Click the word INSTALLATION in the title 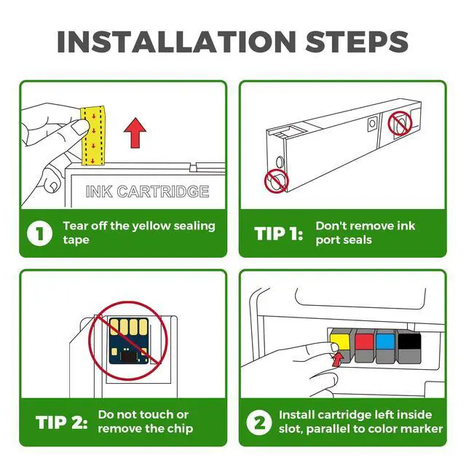click(x=176, y=42)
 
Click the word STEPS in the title click(x=357, y=42)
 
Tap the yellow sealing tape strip click(x=93, y=135)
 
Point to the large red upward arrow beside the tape click(x=135, y=133)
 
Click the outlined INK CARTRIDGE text click(x=147, y=191)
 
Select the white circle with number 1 click(x=39, y=233)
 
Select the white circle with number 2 click(x=259, y=422)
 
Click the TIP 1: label click(x=278, y=233)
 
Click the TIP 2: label click(x=61, y=422)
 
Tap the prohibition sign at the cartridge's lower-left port click(x=277, y=181)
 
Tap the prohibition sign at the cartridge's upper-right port click(x=400, y=123)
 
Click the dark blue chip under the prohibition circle click(x=129, y=341)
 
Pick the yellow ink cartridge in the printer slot click(x=341, y=346)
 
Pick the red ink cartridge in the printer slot click(x=364, y=346)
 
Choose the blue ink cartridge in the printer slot click(x=385, y=346)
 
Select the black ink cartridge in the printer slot click(x=409, y=347)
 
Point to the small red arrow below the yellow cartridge click(x=337, y=359)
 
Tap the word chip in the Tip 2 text click(x=180, y=429)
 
